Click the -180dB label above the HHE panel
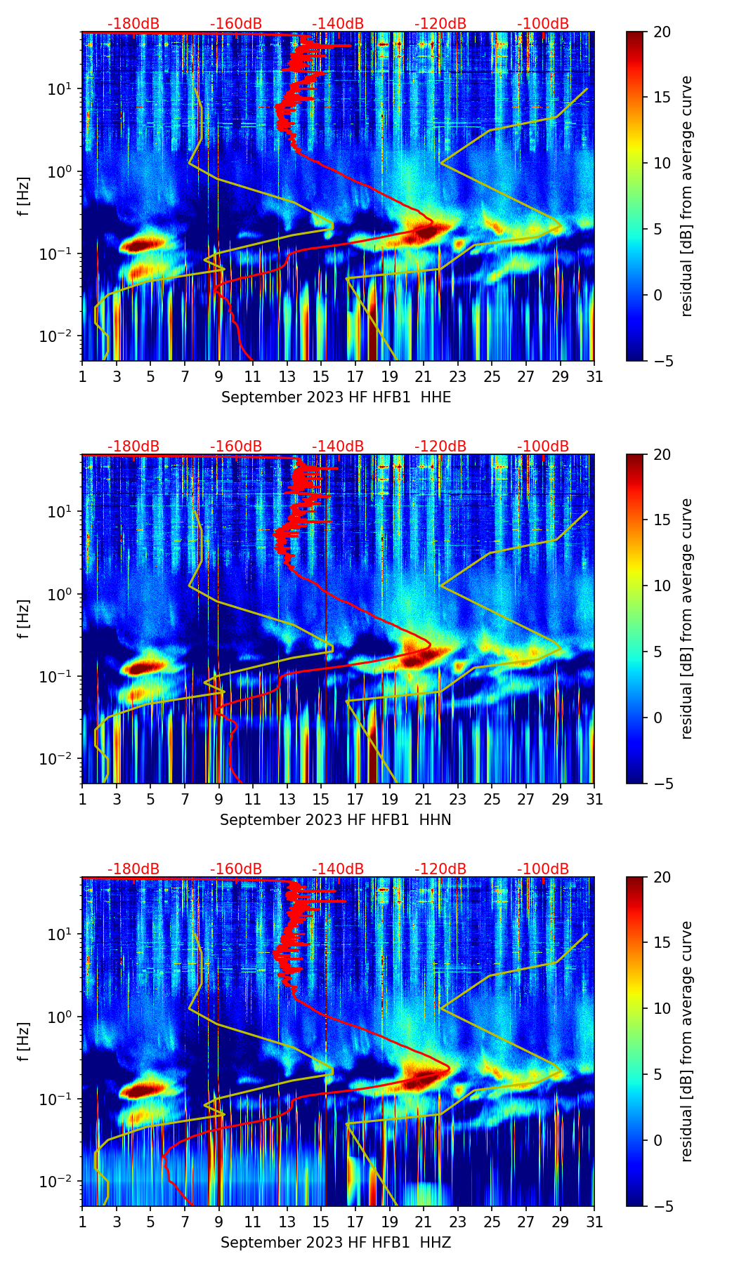coord(133,24)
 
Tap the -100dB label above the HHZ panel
coord(543,869)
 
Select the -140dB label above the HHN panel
coord(338,447)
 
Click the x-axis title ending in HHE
coord(336,397)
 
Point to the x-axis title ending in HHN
coord(335,820)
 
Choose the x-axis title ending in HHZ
coord(335,1243)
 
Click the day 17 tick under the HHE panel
coord(355,376)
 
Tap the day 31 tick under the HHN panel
coord(594,799)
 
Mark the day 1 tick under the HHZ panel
coord(82,1222)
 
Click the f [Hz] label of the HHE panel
coord(25,197)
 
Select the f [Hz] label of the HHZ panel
coord(25,1042)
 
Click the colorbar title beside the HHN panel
coord(686,619)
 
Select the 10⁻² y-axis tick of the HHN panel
coord(60,759)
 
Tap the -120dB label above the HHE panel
coord(440,24)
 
